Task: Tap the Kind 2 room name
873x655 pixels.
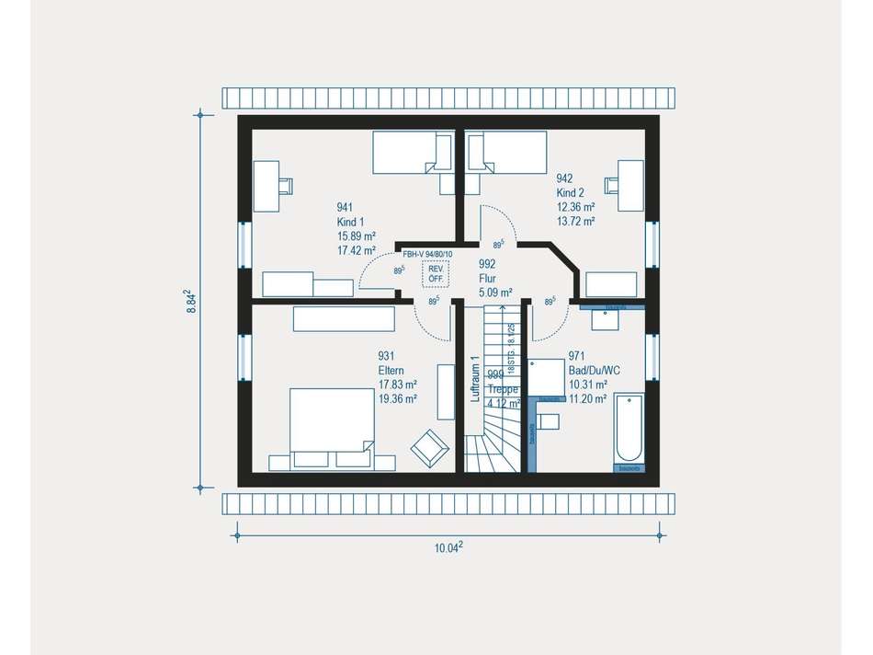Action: click(570, 193)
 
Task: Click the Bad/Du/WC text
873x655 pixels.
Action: click(594, 370)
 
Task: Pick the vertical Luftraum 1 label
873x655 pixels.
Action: click(475, 379)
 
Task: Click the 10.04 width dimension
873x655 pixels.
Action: click(448, 547)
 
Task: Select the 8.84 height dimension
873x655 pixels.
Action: click(190, 303)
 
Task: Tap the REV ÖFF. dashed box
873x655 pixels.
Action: click(435, 273)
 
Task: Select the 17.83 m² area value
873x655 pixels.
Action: click(398, 385)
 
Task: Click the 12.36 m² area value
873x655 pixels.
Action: click(575, 207)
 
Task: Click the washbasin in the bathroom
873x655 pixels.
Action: click(607, 318)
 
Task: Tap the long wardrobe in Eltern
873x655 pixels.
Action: click(343, 318)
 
